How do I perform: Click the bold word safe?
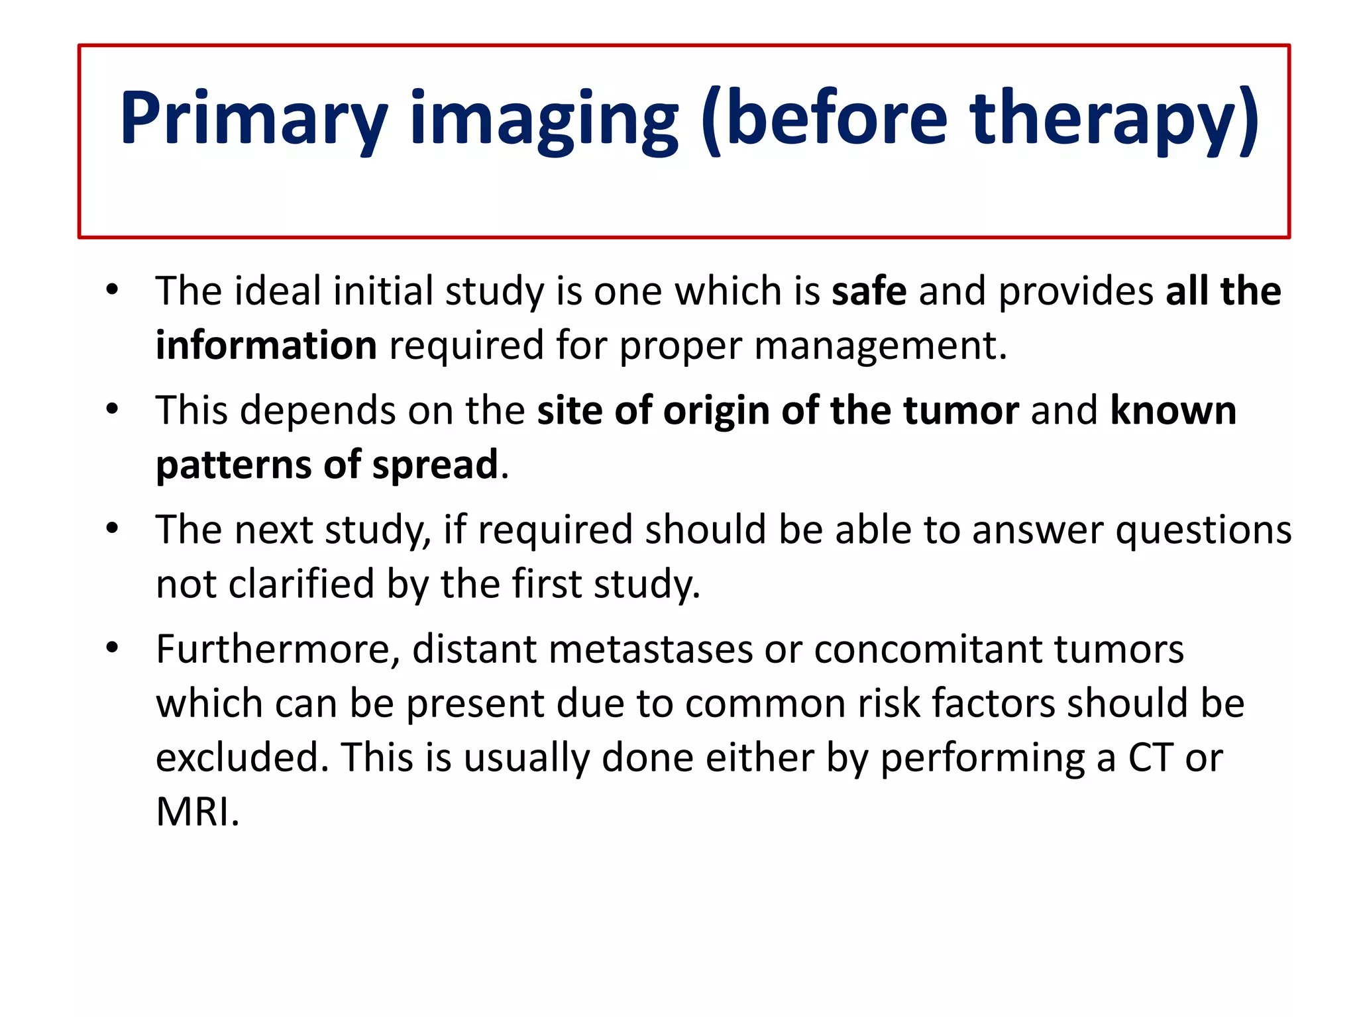coord(869,291)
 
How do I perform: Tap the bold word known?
coord(1173,411)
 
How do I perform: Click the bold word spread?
coord(435,465)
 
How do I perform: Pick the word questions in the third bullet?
coord(1203,531)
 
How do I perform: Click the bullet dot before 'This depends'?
coord(112,409)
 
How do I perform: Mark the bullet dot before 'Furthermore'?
coord(112,648)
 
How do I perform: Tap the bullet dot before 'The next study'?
coord(112,528)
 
